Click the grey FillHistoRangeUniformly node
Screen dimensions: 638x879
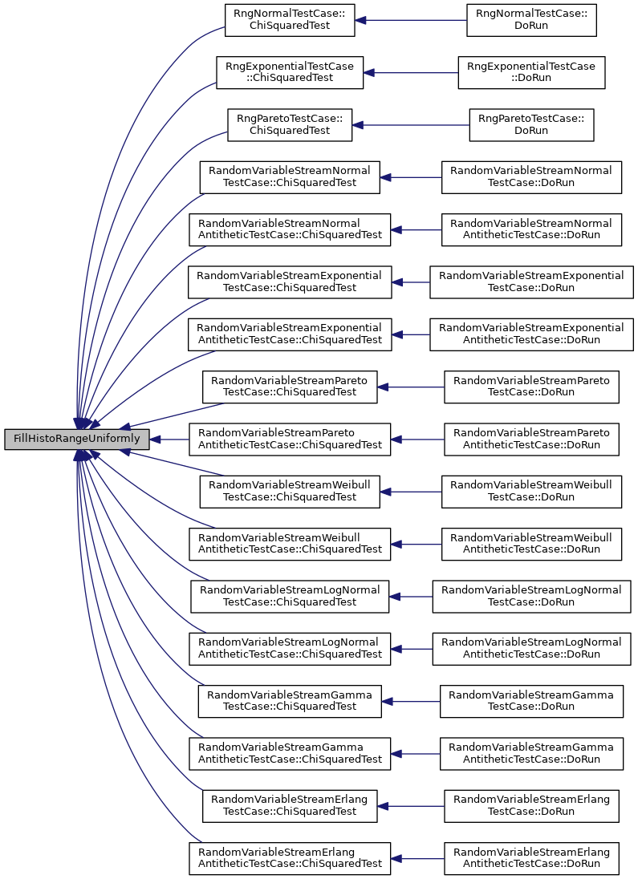(77, 439)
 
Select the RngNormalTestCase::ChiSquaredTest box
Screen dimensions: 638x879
(290, 20)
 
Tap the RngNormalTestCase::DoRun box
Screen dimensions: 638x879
(531, 20)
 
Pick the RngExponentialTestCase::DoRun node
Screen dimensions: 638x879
(531, 72)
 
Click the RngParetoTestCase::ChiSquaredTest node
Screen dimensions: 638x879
(290, 124)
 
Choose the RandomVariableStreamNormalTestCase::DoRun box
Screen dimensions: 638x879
(531, 177)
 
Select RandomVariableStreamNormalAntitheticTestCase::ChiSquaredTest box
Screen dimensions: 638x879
(290, 229)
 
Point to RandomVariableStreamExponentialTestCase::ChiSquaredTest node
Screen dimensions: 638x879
(290, 282)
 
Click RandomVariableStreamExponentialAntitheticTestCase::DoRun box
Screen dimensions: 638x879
(531, 334)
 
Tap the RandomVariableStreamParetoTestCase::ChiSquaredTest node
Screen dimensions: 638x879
(290, 387)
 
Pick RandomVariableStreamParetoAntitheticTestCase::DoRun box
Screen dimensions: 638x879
(531, 439)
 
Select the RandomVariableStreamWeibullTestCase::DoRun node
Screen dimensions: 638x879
(531, 491)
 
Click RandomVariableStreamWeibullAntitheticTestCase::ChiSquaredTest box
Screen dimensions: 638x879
(290, 544)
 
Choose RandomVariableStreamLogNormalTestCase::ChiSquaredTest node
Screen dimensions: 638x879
(290, 596)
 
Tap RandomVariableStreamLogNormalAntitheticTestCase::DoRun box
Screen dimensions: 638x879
(531, 649)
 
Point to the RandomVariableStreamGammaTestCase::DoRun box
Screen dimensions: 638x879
(531, 701)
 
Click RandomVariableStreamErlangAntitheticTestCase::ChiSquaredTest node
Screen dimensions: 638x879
(290, 857)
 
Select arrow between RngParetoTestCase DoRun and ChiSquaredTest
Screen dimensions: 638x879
(411, 124)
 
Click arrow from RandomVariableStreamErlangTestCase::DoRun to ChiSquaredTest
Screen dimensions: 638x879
(411, 805)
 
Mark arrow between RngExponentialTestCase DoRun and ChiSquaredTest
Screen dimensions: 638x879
(411, 72)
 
